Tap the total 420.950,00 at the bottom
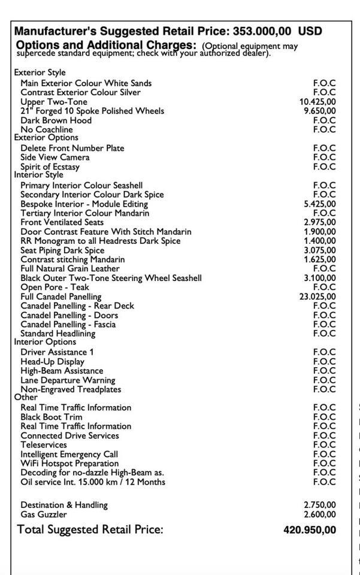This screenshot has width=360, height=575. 310,530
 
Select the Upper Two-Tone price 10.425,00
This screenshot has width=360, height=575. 317,102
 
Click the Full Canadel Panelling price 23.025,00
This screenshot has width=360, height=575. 317,296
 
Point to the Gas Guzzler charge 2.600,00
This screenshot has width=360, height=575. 320,515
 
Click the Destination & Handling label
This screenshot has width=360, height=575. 64,505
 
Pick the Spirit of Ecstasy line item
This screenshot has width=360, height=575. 50,167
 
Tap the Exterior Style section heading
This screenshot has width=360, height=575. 40,72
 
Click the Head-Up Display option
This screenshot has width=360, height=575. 52,362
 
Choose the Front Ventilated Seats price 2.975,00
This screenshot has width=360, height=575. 320,222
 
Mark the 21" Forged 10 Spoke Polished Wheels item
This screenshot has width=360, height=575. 92,111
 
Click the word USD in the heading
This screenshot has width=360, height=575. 310,31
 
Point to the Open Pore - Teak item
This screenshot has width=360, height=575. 55,287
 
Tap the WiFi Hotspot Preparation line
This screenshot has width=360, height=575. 69,464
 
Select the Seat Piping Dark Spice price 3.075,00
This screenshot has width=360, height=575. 320,250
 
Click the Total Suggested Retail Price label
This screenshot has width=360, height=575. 90,529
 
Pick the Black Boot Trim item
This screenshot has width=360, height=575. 52,417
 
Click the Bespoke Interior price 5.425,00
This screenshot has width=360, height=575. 320,204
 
